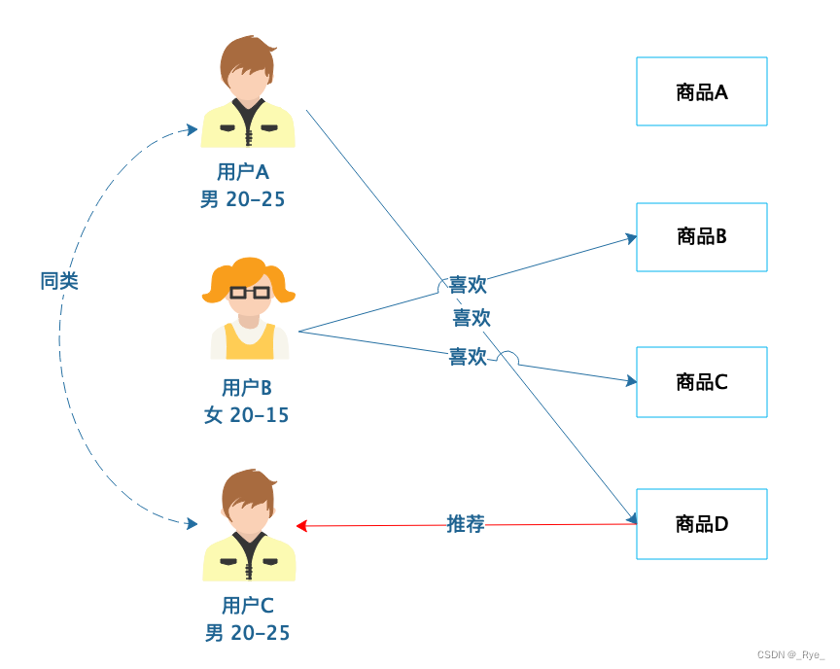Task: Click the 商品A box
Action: point(701,91)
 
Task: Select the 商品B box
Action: point(701,236)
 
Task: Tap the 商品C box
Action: point(701,381)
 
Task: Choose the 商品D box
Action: point(701,524)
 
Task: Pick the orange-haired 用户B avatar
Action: point(249,308)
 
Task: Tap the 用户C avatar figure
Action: point(249,526)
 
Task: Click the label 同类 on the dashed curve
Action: point(59,281)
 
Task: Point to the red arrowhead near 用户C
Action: point(301,526)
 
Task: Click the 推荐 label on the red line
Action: point(466,525)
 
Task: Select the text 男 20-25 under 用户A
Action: point(242,199)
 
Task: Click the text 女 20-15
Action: point(246,415)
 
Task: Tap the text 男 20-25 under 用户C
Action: point(247,633)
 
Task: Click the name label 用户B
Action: point(246,388)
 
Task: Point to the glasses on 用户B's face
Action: point(249,292)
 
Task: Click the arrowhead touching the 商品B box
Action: point(631,237)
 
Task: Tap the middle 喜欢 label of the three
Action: point(472,318)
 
